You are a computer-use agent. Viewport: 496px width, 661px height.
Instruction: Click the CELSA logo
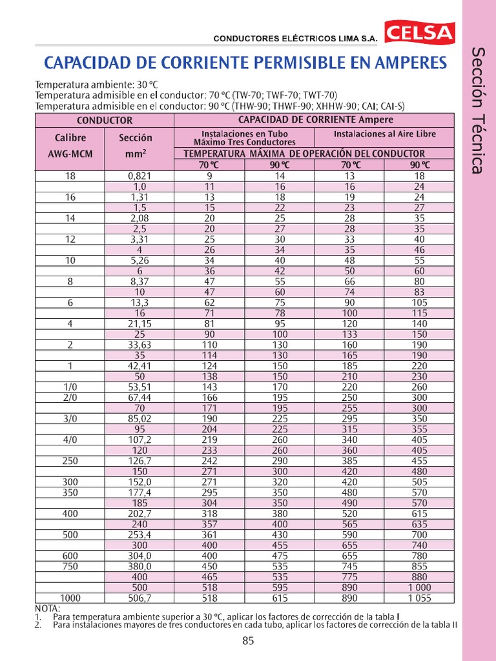(x=420, y=34)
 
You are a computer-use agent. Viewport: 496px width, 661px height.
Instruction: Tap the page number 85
(x=248, y=641)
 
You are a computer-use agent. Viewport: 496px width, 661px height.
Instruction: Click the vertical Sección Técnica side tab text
(x=477, y=110)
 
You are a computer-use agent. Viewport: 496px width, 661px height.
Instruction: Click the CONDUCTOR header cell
(x=105, y=120)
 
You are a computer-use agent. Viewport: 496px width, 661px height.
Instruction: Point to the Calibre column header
(x=70, y=137)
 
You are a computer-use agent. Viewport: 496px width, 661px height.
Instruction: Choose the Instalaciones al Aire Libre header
(x=384, y=134)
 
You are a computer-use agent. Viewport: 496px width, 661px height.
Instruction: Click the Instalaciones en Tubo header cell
(x=244, y=137)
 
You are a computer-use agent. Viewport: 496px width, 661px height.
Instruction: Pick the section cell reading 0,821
(x=139, y=176)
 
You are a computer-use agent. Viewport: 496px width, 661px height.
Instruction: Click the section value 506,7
(x=139, y=598)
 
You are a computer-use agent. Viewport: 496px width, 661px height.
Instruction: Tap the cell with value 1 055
(x=418, y=598)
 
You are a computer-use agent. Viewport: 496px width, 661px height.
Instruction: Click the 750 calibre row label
(x=70, y=566)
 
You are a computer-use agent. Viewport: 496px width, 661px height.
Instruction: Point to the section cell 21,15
(x=139, y=324)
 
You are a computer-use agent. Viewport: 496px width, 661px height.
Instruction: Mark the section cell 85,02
(x=139, y=418)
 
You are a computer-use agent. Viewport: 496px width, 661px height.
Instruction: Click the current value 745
(x=349, y=566)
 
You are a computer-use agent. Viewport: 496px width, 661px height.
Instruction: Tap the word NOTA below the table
(x=47, y=608)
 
